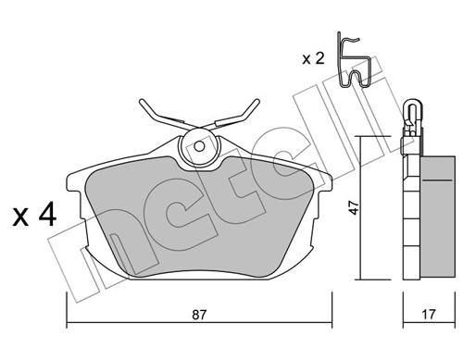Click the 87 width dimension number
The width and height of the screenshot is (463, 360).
pyautogui.click(x=199, y=315)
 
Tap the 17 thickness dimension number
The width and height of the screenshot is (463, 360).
pyautogui.click(x=428, y=315)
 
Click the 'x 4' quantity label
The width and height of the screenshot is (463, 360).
pyautogui.click(x=35, y=218)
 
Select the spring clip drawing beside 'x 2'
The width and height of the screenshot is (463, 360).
pyautogui.click(x=355, y=62)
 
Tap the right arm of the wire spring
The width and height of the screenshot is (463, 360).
pyautogui.click(x=239, y=113)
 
